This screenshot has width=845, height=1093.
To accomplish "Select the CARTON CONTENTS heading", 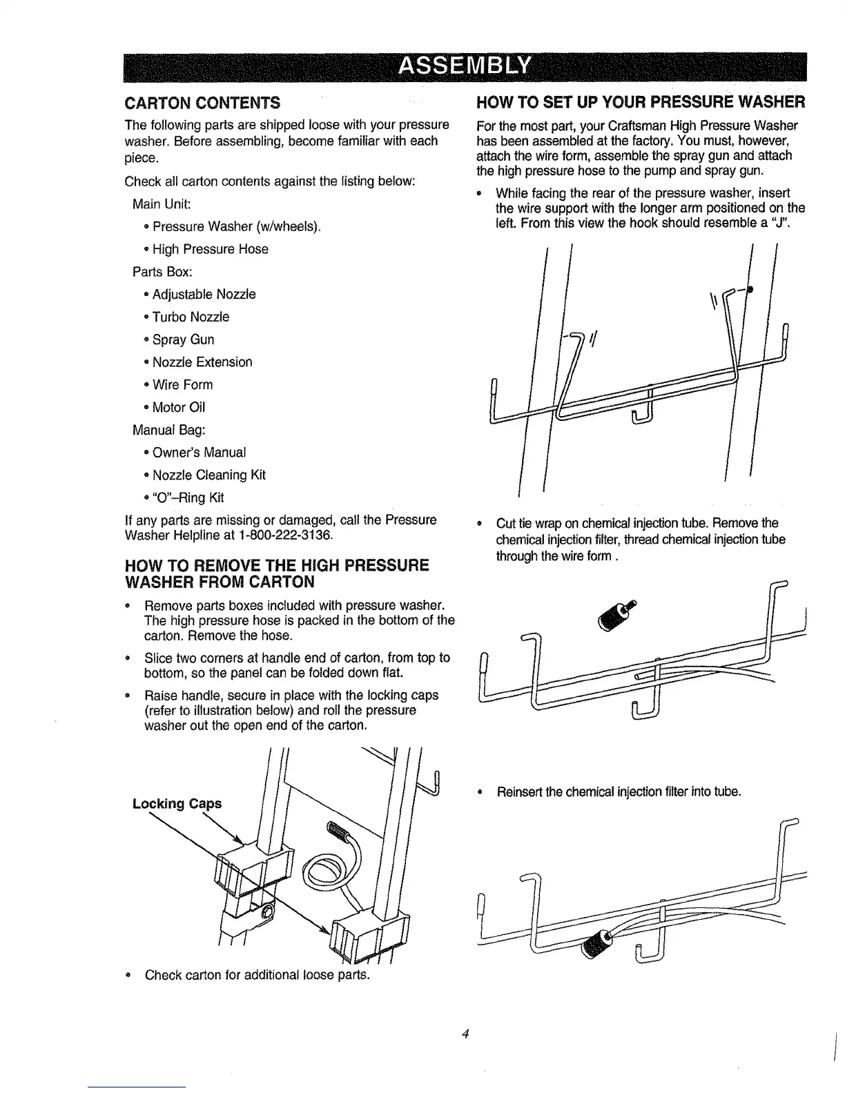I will coord(202,104).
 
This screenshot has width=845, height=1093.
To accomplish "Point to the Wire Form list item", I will coord(182,384).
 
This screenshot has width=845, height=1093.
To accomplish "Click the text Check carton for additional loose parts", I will coord(258,976).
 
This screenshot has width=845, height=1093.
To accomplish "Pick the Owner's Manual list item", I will coord(199,453).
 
